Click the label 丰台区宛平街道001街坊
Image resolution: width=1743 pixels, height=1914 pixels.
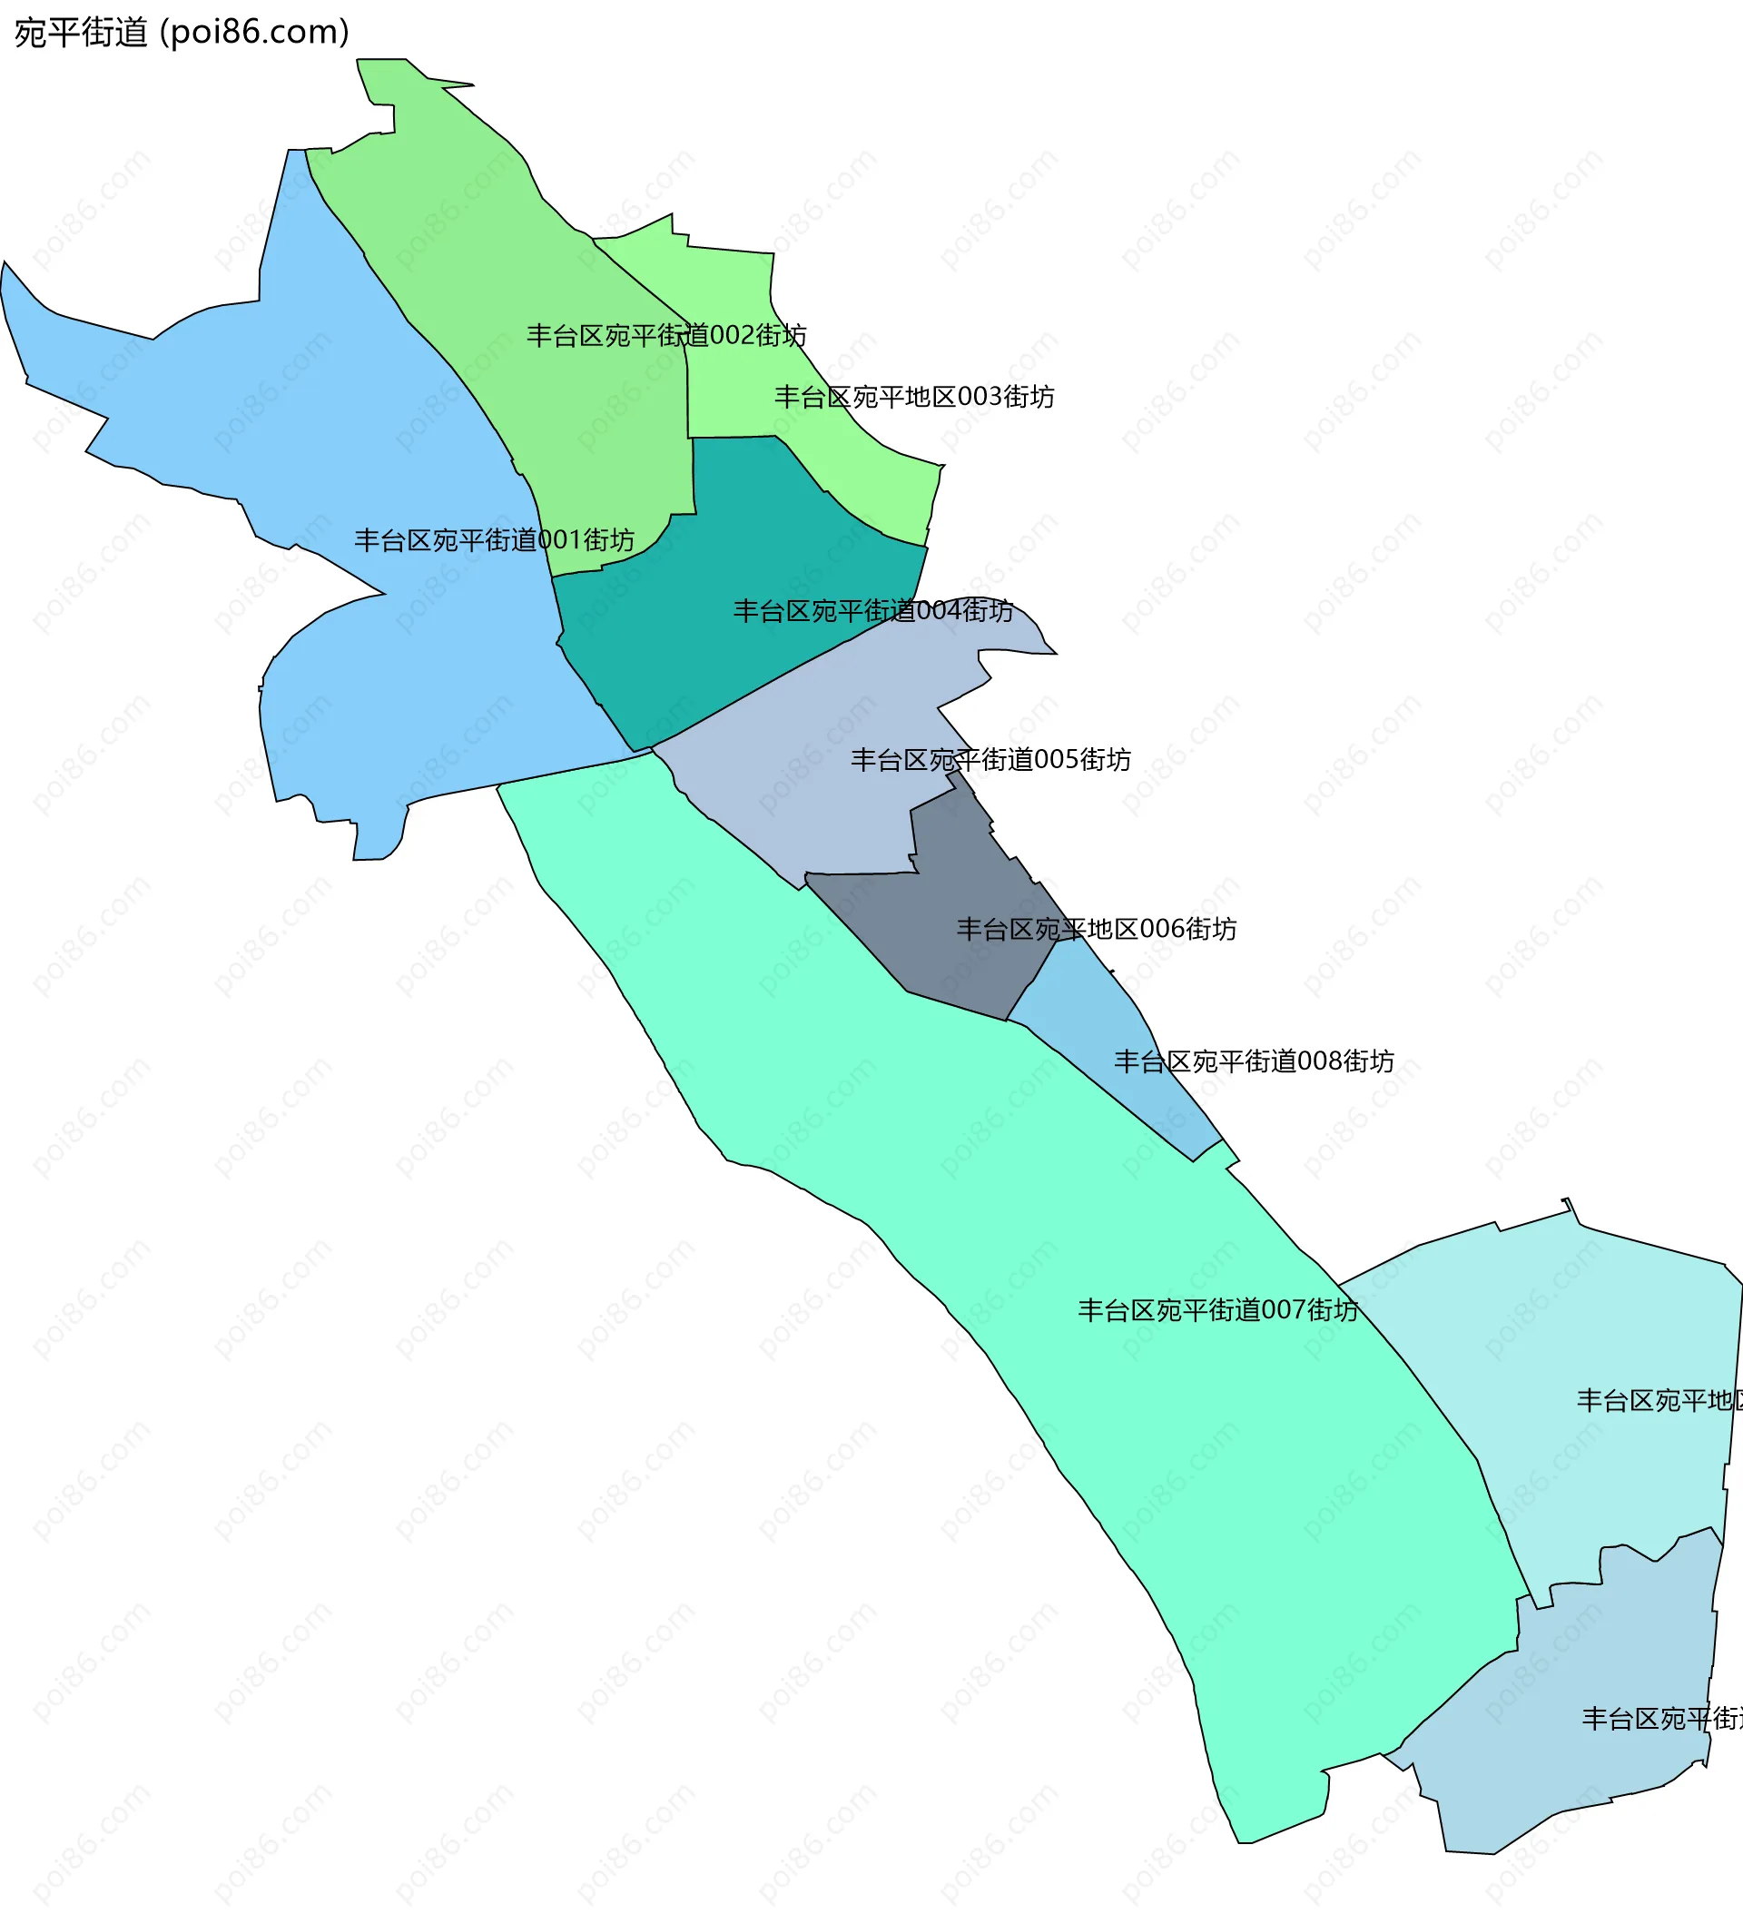pyautogui.click(x=494, y=540)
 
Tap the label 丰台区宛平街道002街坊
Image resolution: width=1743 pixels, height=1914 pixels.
pyautogui.click(x=666, y=335)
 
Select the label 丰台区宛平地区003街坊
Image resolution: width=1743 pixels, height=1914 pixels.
pyautogui.click(x=913, y=397)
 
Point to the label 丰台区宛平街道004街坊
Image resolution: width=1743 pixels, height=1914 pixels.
pyautogui.click(x=872, y=610)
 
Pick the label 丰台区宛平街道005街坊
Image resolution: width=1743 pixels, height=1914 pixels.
pyautogui.click(x=990, y=760)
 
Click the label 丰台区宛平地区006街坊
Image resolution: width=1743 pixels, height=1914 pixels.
pyautogui.click(x=1096, y=929)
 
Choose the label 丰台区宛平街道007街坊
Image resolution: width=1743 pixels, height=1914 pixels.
pyautogui.click(x=1217, y=1310)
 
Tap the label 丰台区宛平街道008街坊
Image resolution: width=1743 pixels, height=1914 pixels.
pyautogui.click(x=1253, y=1061)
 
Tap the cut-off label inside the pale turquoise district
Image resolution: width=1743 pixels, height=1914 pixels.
pyautogui.click(x=1659, y=1400)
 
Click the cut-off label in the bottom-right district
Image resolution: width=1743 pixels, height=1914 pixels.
pyautogui.click(x=1661, y=1719)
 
